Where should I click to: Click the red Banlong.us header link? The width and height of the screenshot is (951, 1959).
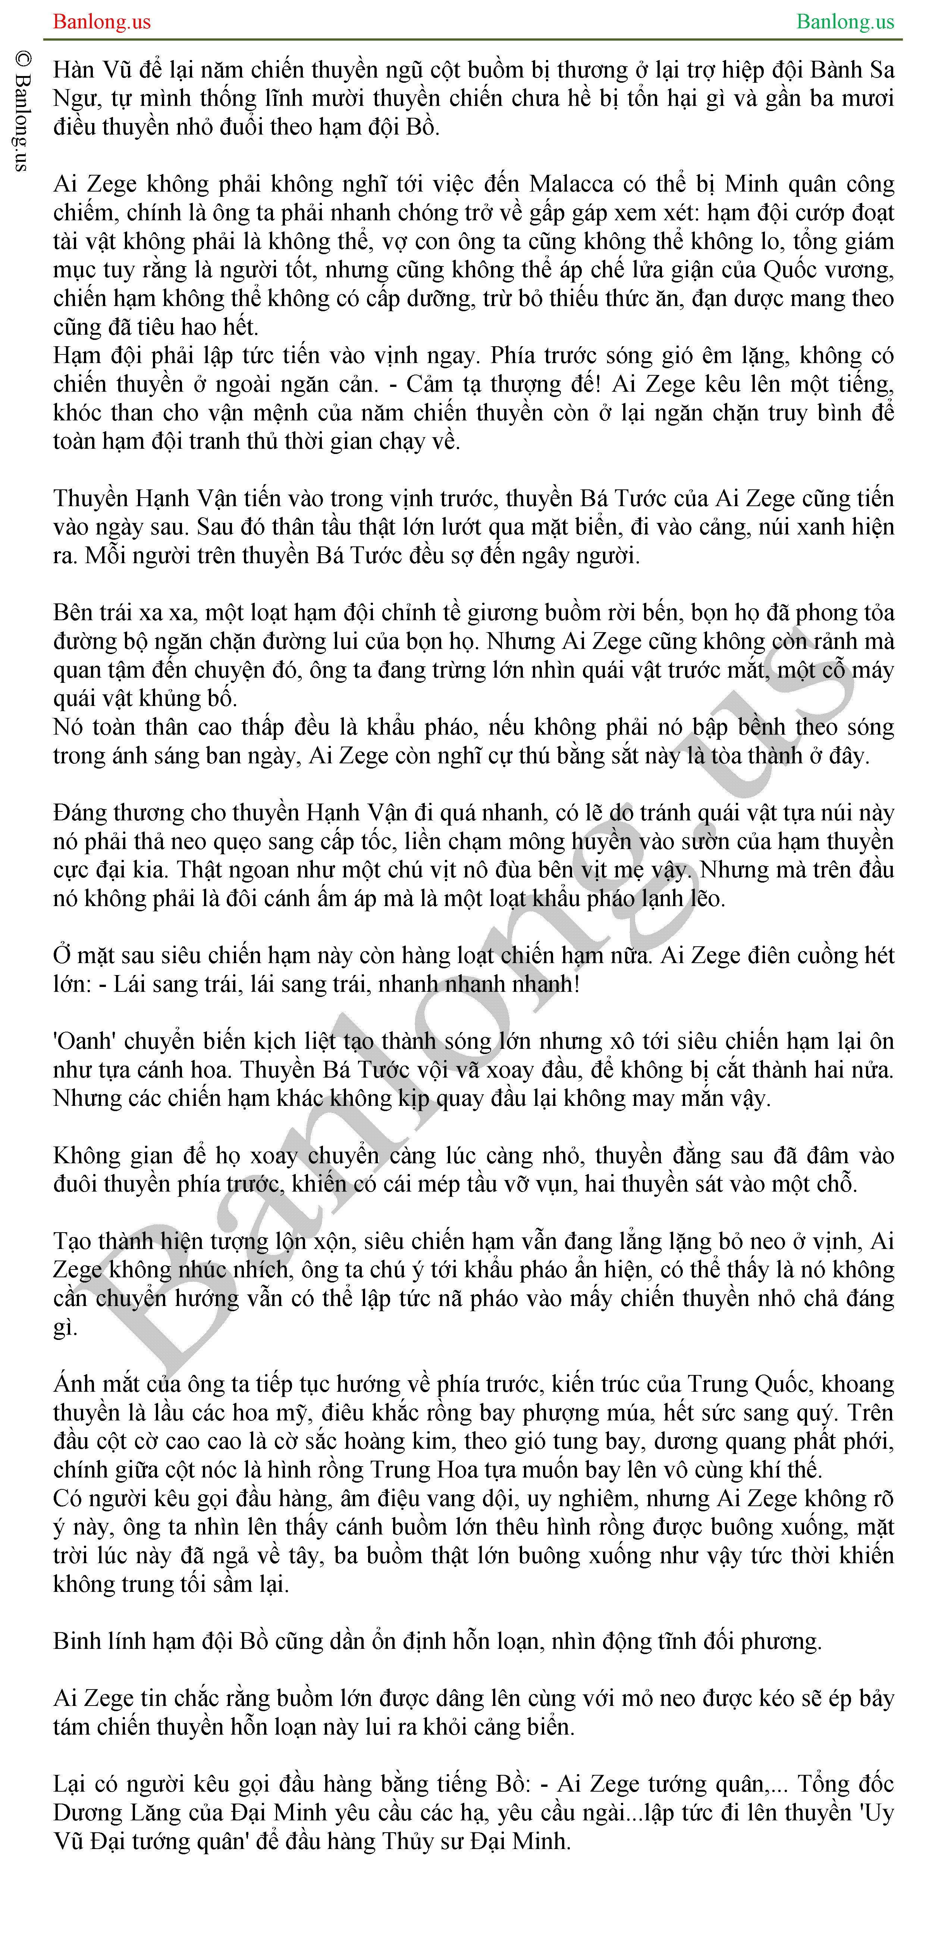102,21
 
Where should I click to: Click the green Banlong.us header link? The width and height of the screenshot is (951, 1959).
845,21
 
